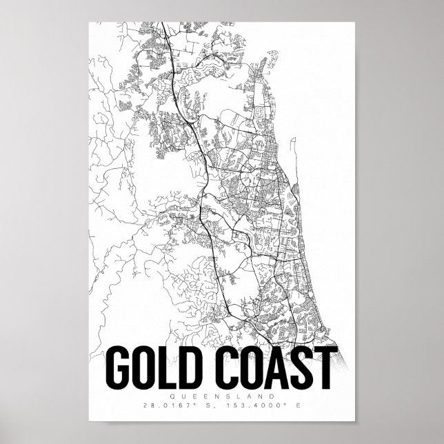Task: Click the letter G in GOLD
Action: click(x=120, y=369)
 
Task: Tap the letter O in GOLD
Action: click(x=146, y=369)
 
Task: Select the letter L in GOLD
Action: click(x=170, y=369)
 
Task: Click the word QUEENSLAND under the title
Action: click(x=222, y=396)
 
